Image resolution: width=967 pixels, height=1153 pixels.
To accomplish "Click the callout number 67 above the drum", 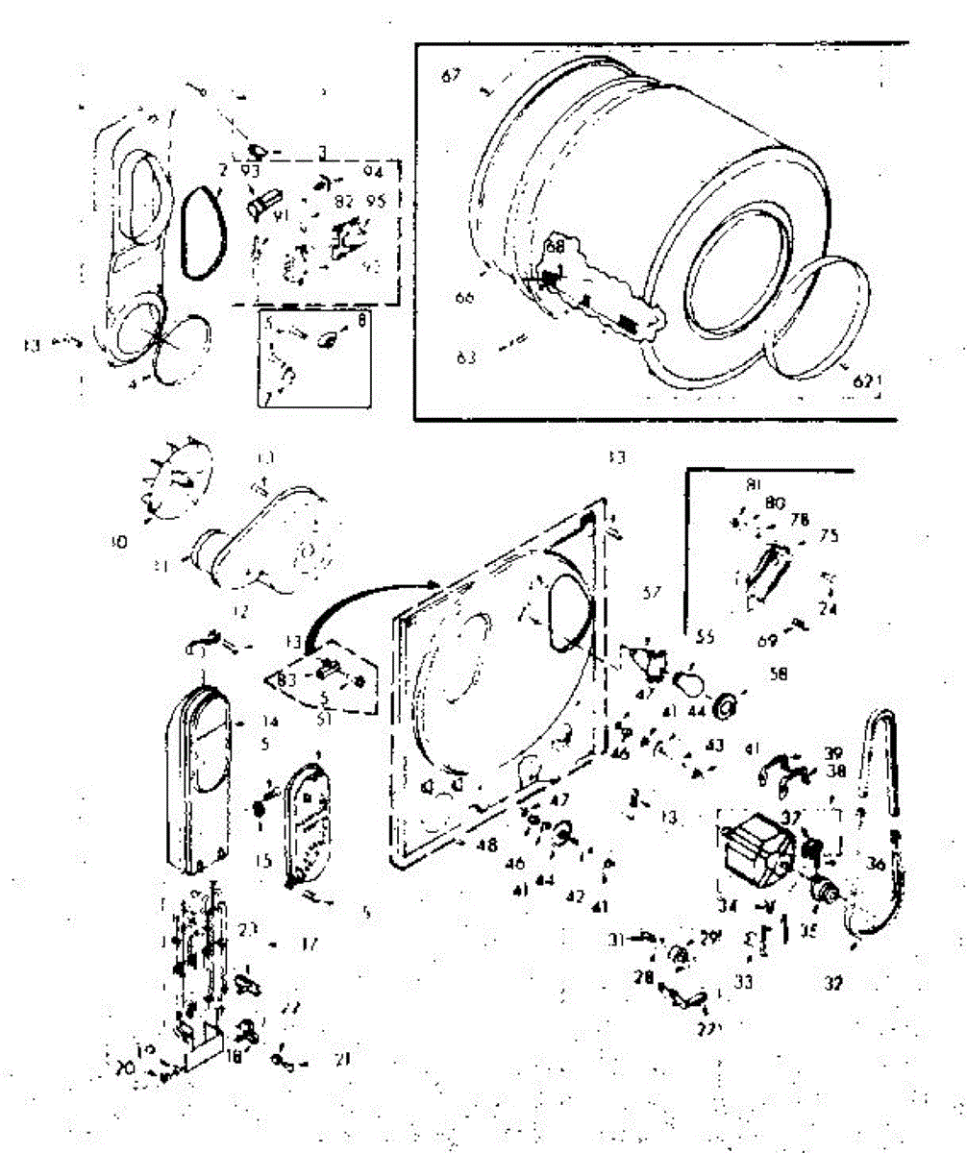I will [451, 77].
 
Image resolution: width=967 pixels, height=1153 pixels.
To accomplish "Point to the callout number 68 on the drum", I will [554, 248].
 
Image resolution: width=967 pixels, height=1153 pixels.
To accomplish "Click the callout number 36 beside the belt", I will [875, 864].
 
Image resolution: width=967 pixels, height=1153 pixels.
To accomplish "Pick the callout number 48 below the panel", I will [487, 846].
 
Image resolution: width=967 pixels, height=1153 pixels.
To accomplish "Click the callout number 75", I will [829, 536].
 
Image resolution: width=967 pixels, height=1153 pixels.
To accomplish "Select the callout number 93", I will [251, 171].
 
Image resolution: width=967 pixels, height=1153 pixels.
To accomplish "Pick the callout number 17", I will [309, 945].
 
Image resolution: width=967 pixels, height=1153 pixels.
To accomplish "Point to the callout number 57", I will [653, 595].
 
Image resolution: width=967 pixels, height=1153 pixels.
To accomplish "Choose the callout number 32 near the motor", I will [832, 984].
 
